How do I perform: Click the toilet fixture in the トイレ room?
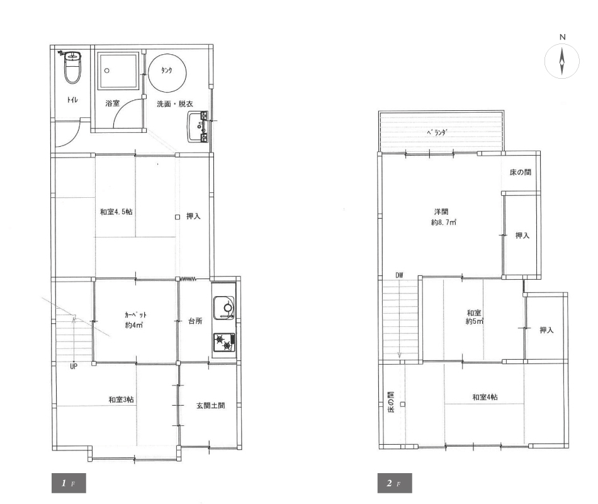coord(72,67)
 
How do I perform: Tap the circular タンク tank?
coord(167,71)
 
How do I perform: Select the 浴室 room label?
coord(113,103)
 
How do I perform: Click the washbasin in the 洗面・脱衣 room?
coord(198,127)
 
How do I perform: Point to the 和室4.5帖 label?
coord(116,212)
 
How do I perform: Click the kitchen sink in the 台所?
coord(224,307)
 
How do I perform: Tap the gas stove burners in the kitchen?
coord(224,342)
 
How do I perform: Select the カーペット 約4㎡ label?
coord(135,320)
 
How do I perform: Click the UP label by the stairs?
coord(74,366)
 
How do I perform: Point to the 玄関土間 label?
coord(210,406)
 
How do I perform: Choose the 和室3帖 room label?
coord(121,399)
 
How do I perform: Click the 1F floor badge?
coord(69,483)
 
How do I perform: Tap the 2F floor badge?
coord(395,483)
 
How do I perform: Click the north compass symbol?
coord(561,61)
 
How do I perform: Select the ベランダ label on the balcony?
coord(437,132)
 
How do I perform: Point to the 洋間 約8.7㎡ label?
coord(443,217)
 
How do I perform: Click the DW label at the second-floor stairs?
coord(399,275)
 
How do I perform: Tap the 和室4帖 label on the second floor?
coord(485,397)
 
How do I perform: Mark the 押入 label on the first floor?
coord(193,216)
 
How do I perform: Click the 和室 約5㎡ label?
coord(474,317)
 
